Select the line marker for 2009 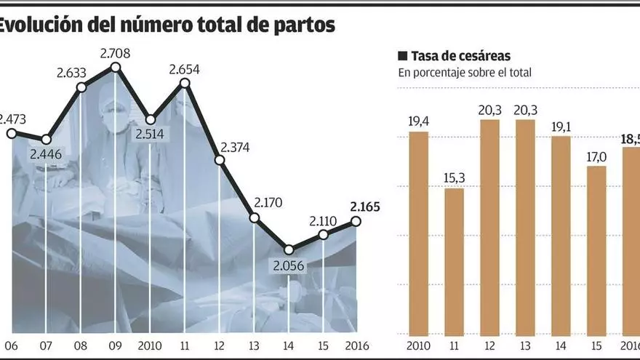pos(115,68)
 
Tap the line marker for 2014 pos(289,249)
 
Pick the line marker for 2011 pos(185,83)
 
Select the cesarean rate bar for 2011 pos(455,262)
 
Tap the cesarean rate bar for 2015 pos(596,250)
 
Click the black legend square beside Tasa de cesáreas pos(402,56)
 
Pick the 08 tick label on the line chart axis pos(81,346)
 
